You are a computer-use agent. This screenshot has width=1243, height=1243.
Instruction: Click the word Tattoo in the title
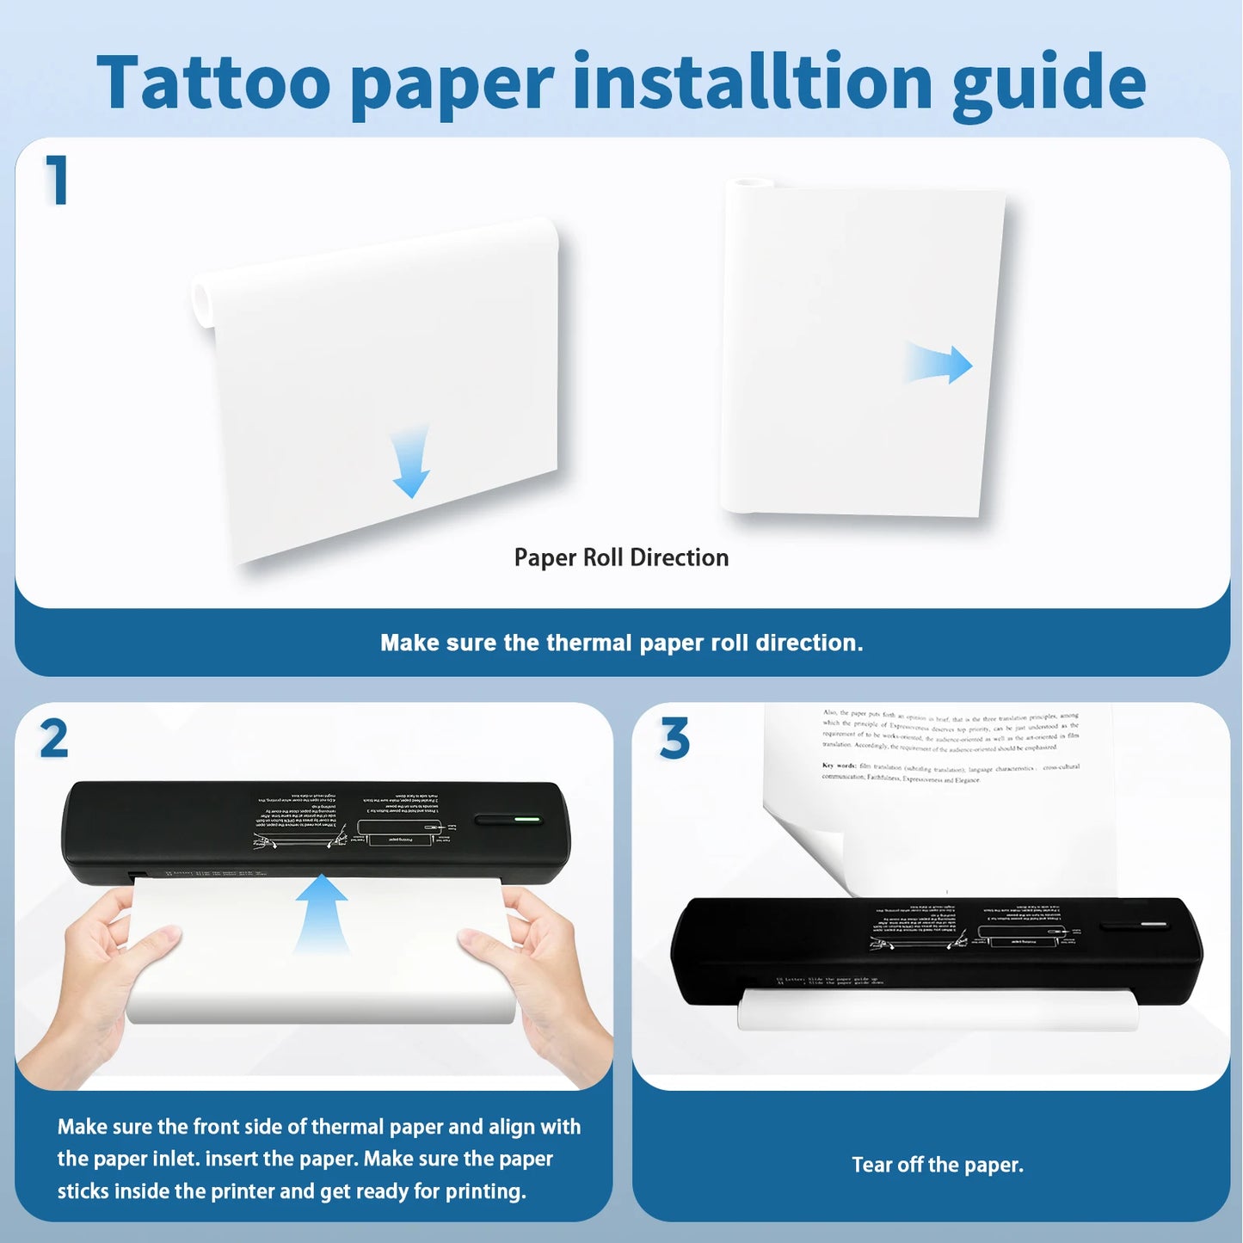(x=213, y=83)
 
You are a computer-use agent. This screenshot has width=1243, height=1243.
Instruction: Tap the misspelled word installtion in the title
(x=752, y=83)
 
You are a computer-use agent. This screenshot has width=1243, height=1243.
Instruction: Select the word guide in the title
(x=1049, y=84)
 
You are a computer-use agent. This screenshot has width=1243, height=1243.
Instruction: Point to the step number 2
(x=53, y=739)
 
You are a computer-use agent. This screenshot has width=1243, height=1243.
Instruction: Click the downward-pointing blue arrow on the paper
(x=411, y=463)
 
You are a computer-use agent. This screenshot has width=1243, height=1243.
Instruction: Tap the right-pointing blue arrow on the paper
(x=941, y=365)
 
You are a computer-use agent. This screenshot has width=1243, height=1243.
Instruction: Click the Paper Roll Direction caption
(x=621, y=557)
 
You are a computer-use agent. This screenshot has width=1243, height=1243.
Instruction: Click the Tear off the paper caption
(x=937, y=1165)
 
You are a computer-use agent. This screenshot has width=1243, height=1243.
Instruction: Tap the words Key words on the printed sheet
(x=838, y=765)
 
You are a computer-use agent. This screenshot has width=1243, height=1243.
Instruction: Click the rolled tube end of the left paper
(x=203, y=302)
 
